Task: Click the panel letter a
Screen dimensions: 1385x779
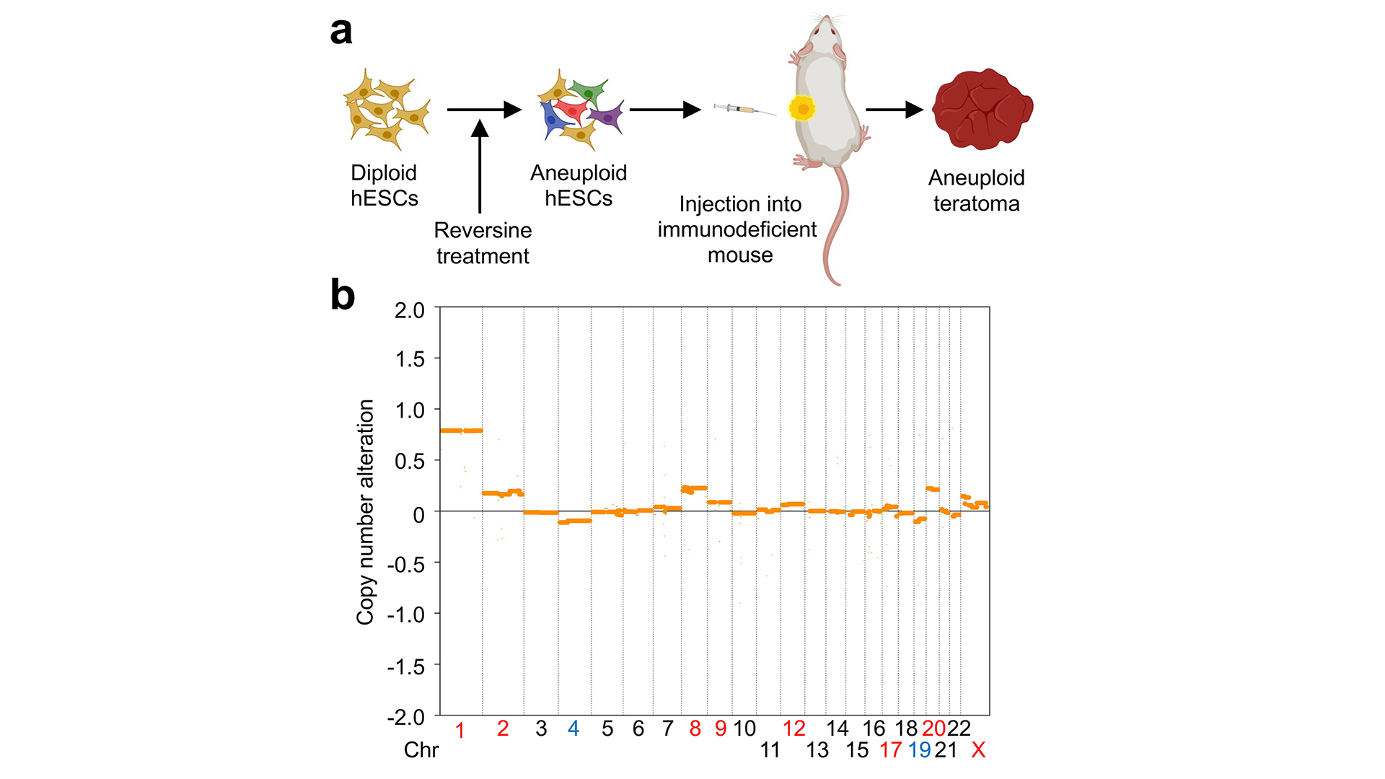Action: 341,32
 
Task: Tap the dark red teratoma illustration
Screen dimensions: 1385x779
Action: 982,109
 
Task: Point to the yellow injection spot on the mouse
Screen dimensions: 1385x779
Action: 801,108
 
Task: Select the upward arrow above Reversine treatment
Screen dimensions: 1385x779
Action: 480,167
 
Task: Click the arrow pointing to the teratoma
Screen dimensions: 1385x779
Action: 894,110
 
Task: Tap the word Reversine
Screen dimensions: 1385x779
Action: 483,230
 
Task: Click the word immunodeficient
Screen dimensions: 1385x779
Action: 737,229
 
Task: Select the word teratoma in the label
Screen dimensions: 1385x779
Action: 976,203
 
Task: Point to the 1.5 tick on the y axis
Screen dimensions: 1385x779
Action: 410,358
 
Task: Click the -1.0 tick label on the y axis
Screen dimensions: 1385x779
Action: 406,615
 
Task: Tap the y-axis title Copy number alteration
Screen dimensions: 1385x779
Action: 366,511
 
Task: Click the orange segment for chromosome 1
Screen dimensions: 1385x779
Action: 461,431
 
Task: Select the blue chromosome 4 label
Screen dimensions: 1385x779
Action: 573,729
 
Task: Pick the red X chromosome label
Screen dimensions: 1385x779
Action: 978,750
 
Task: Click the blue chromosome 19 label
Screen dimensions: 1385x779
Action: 920,750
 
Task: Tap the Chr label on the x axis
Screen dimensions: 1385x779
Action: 421,750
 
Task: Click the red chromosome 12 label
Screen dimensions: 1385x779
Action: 794,729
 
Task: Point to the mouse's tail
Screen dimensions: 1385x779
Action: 837,224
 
